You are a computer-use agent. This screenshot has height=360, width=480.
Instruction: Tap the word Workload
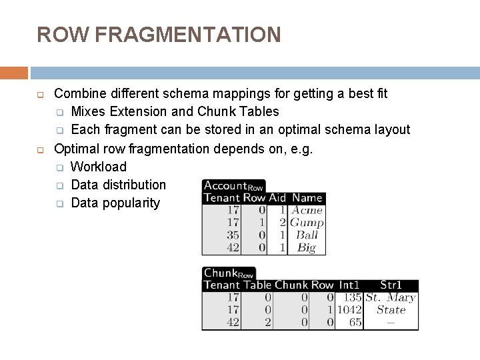(98, 167)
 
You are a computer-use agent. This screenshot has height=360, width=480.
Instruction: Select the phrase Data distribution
(118, 185)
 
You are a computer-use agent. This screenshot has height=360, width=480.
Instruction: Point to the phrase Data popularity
(115, 203)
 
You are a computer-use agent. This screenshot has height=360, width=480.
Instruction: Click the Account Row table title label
(233, 186)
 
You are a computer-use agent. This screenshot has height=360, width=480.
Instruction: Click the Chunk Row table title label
(229, 273)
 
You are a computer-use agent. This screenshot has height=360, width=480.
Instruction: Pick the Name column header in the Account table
(307, 198)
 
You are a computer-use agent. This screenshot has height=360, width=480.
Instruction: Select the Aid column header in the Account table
(277, 198)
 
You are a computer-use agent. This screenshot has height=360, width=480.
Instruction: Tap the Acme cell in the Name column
(307, 211)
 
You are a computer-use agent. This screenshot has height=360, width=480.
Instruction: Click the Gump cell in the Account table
(307, 223)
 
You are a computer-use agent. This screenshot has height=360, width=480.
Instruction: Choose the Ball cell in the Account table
(307, 235)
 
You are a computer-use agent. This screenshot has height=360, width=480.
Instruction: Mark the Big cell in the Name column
(307, 247)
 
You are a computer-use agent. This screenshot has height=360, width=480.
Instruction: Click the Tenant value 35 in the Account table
(233, 235)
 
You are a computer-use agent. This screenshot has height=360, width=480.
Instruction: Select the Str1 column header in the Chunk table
(391, 285)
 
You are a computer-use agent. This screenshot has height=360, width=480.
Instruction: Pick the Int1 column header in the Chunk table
(349, 285)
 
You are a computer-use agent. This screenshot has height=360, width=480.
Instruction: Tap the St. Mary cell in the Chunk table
(391, 298)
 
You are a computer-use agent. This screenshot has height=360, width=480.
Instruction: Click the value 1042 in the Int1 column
(349, 310)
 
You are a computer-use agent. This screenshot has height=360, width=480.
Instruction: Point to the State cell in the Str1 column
(391, 310)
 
